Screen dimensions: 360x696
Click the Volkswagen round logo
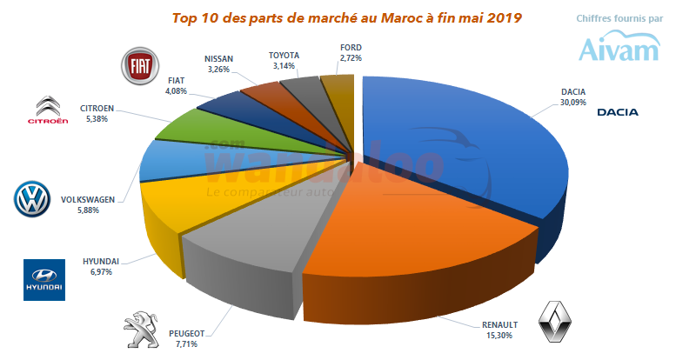point(35,199)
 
